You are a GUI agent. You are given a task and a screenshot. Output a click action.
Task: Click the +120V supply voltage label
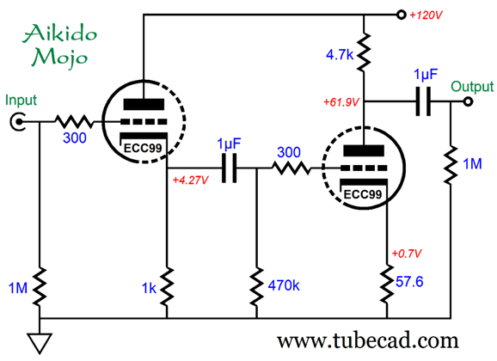click(x=426, y=15)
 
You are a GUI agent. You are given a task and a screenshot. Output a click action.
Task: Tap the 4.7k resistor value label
click(x=340, y=55)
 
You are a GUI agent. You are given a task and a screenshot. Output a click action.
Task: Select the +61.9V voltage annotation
click(x=341, y=102)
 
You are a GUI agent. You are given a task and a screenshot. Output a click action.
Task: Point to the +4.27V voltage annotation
click(x=190, y=180)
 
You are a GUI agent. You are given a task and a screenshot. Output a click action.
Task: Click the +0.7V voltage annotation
click(x=407, y=254)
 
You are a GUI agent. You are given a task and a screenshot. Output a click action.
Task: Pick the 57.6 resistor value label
click(x=409, y=281)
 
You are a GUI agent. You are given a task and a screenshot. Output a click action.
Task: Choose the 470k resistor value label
click(x=284, y=285)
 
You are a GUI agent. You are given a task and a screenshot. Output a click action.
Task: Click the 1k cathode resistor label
click(x=149, y=288)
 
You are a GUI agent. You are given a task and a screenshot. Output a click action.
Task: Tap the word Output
click(x=472, y=87)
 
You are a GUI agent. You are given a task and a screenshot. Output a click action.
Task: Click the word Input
click(x=21, y=101)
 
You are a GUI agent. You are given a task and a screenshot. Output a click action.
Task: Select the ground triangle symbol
click(x=40, y=343)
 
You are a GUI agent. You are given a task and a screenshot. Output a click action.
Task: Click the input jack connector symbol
click(x=17, y=121)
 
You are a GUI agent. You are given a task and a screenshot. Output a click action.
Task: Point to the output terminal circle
click(x=468, y=101)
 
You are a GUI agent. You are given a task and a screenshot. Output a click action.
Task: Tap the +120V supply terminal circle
click(x=402, y=15)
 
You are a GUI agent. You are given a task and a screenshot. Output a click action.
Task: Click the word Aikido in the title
click(x=60, y=34)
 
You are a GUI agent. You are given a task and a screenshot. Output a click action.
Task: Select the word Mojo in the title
click(x=59, y=58)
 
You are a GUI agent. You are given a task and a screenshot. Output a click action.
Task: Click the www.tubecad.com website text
click(x=368, y=340)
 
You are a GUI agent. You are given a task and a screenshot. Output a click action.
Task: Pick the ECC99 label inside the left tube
click(x=143, y=148)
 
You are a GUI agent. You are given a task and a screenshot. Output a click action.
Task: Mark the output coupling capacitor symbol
click(x=423, y=101)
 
